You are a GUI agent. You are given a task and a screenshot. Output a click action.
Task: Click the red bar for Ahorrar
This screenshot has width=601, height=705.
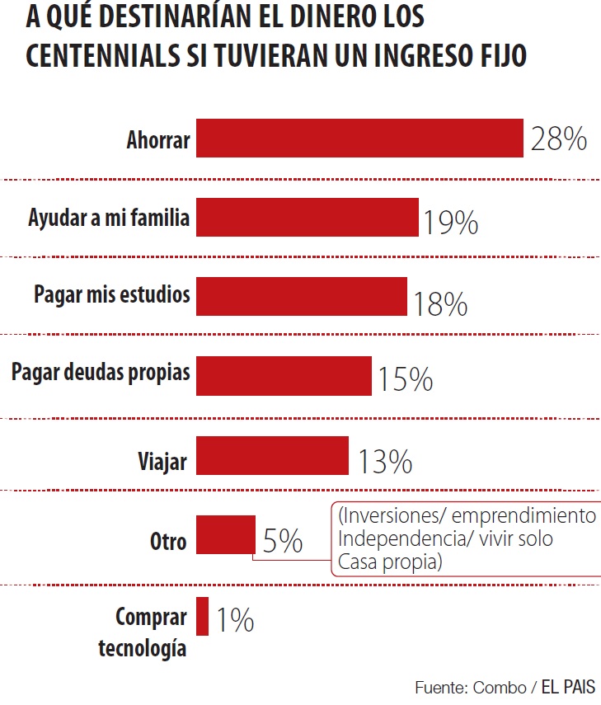coord(359,138)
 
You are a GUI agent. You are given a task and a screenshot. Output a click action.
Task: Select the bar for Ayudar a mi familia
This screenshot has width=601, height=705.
coord(307,218)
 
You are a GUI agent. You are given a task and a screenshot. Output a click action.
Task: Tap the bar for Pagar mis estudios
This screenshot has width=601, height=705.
coord(301,296)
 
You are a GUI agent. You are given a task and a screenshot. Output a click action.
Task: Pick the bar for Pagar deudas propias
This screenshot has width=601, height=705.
coord(284,376)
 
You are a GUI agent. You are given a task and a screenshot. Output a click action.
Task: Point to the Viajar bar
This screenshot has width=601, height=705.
coord(272,455)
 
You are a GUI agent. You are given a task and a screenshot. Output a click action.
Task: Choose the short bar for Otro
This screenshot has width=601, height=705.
coord(225,535)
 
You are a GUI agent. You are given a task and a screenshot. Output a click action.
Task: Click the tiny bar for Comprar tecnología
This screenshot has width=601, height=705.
coord(203,615)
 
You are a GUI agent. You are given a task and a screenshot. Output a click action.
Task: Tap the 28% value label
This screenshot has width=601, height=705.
coord(558,139)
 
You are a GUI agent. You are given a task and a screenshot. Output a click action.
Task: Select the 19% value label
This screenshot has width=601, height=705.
coord(451,223)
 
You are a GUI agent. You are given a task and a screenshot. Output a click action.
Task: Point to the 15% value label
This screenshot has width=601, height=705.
coord(405,380)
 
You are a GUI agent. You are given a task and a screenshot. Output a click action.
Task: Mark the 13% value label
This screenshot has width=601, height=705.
coord(384,463)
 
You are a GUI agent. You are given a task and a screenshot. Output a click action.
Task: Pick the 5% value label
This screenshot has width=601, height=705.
coord(282,542)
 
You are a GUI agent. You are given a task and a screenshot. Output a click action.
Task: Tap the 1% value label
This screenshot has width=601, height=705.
coord(235,620)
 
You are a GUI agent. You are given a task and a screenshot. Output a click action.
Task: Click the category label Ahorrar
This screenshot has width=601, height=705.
coord(157,140)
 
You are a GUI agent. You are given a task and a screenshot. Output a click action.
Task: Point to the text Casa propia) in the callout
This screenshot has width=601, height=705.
coord(390,562)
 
